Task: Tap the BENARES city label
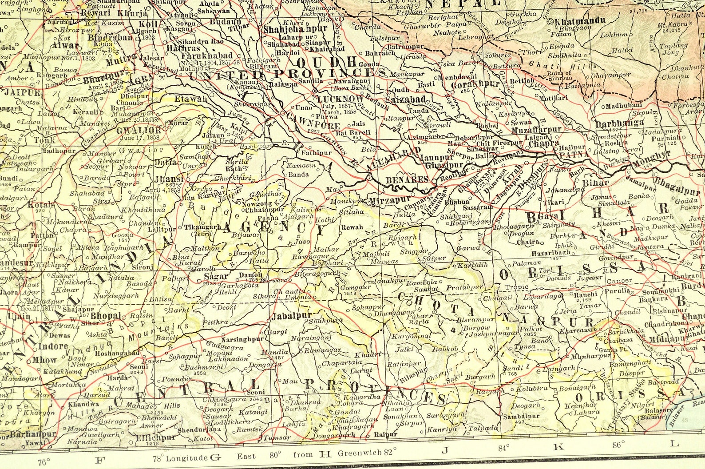(x=400, y=180)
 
